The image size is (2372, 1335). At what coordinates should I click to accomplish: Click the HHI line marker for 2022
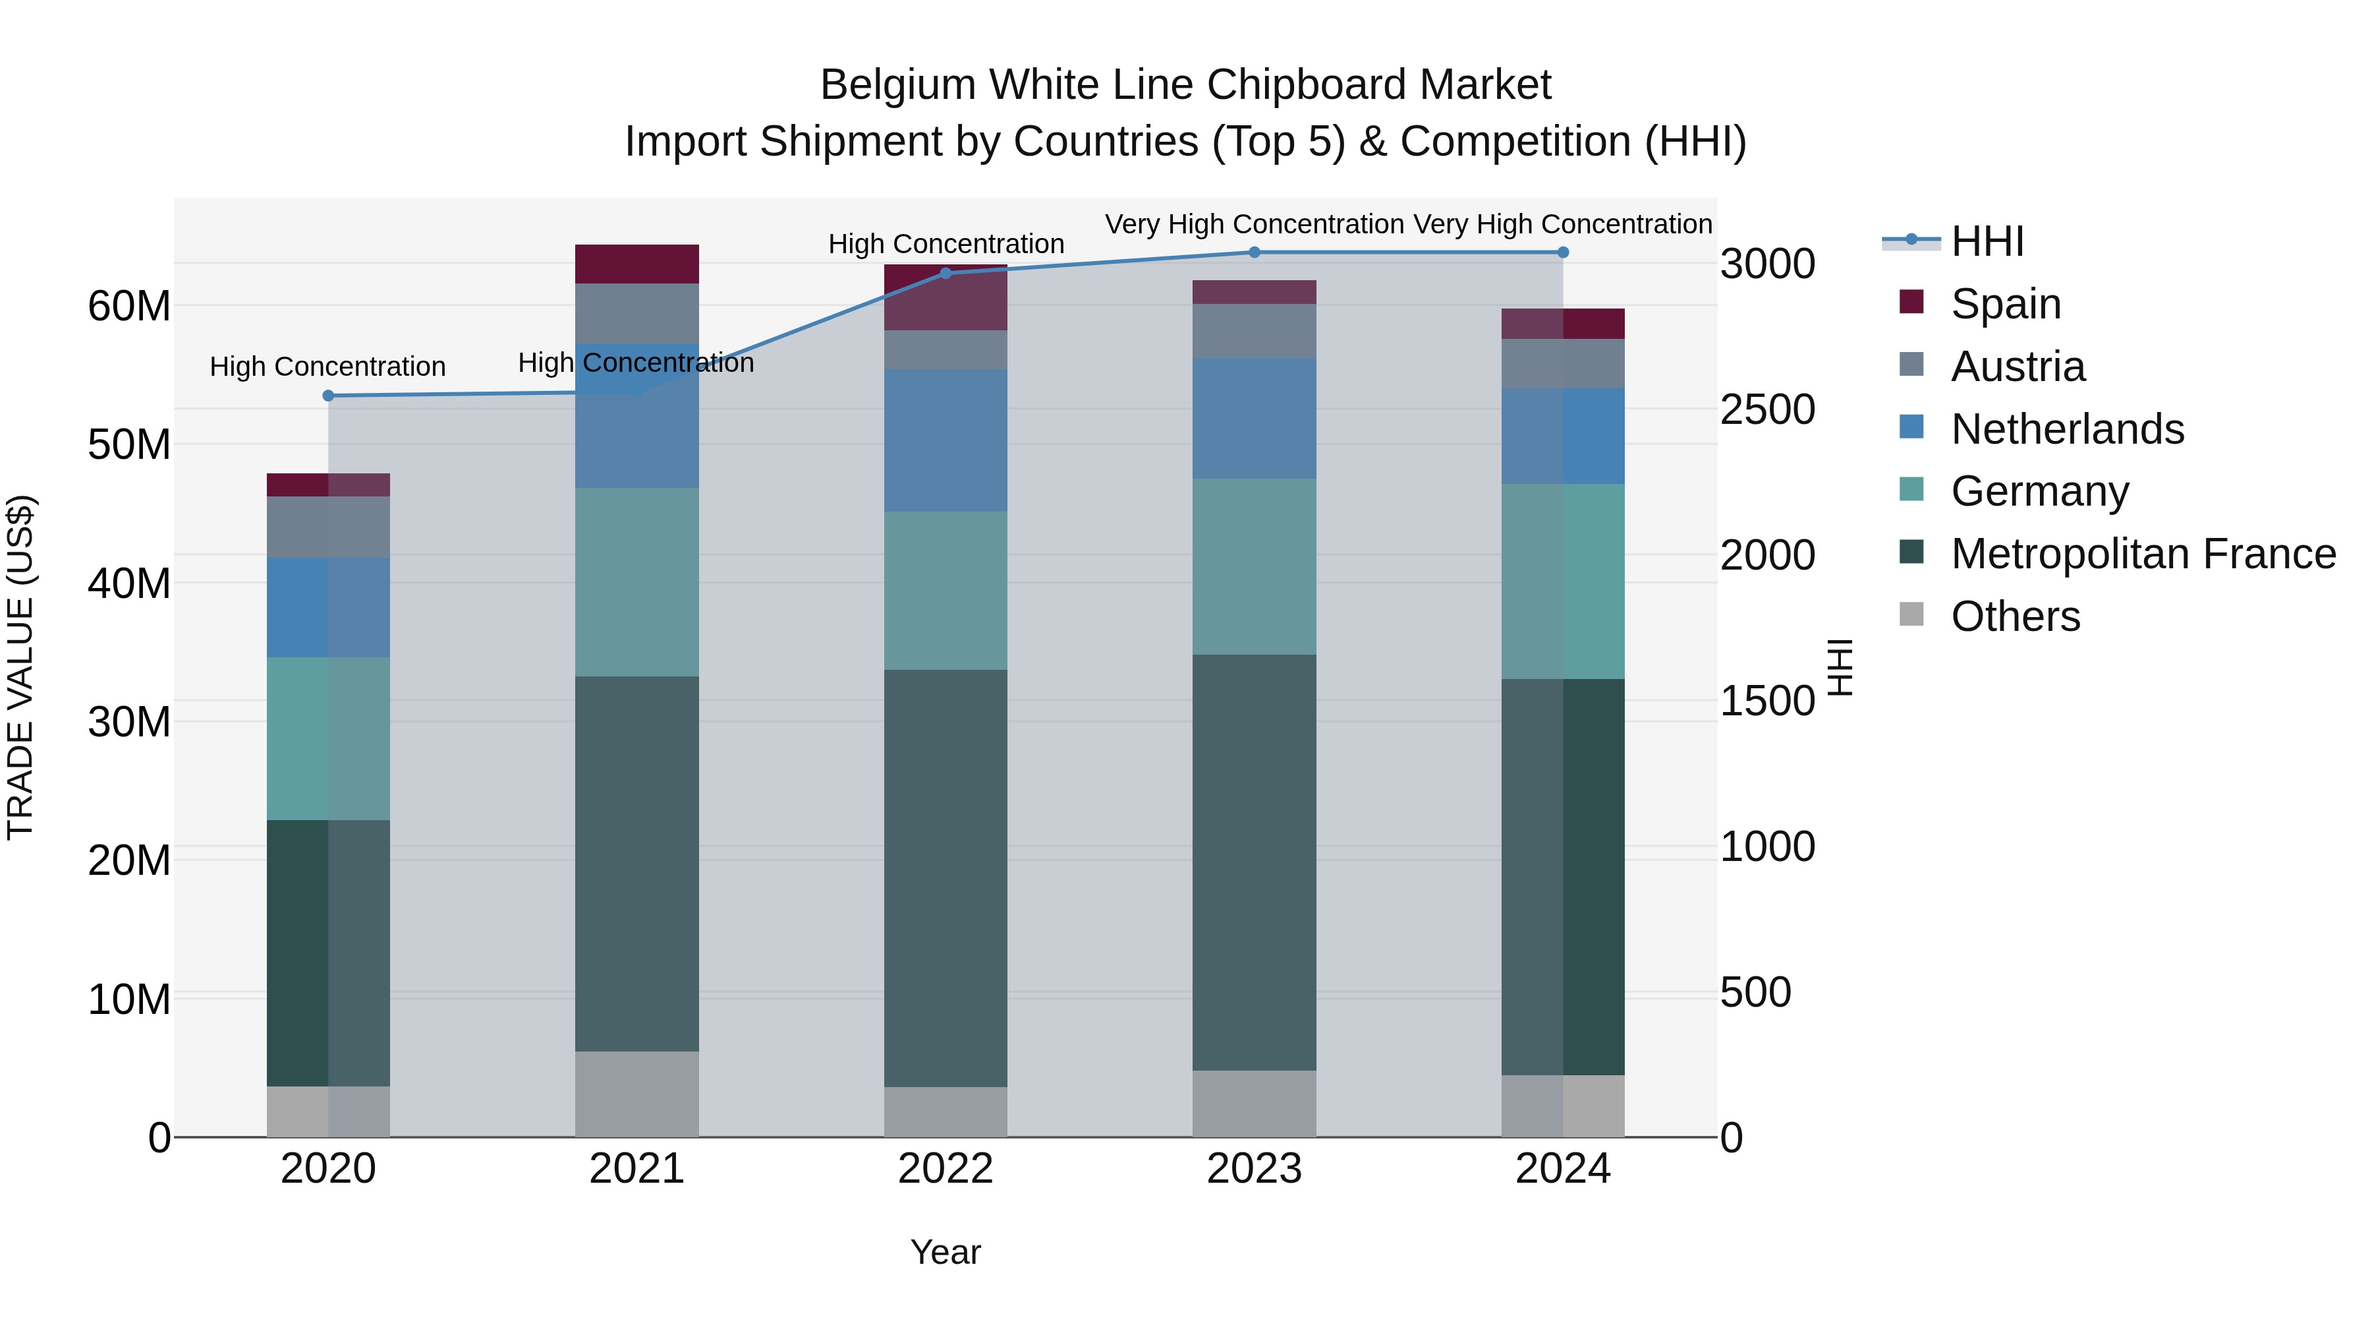(x=945, y=274)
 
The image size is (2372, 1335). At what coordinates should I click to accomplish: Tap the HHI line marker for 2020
(x=328, y=396)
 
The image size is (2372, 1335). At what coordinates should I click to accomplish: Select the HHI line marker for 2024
(x=1563, y=252)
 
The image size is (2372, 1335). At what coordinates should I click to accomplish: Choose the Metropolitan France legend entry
(x=2142, y=554)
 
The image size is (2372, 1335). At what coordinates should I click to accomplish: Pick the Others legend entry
(x=2015, y=616)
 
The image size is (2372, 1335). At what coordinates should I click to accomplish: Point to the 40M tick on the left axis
(x=129, y=583)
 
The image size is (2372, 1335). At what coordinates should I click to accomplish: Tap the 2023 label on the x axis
(x=1253, y=1169)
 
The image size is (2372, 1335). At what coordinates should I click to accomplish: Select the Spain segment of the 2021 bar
(x=636, y=264)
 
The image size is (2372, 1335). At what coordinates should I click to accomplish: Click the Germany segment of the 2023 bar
(x=1253, y=566)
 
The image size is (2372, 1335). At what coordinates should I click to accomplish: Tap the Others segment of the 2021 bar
(x=636, y=1094)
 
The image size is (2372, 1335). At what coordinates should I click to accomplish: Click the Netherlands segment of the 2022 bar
(x=945, y=440)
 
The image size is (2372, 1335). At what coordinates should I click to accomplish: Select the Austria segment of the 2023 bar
(x=1253, y=331)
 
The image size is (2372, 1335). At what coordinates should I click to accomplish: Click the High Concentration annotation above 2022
(x=946, y=244)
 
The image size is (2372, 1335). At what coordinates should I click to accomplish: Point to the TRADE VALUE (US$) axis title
(x=21, y=667)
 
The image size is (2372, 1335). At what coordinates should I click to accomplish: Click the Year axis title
(x=945, y=1252)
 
